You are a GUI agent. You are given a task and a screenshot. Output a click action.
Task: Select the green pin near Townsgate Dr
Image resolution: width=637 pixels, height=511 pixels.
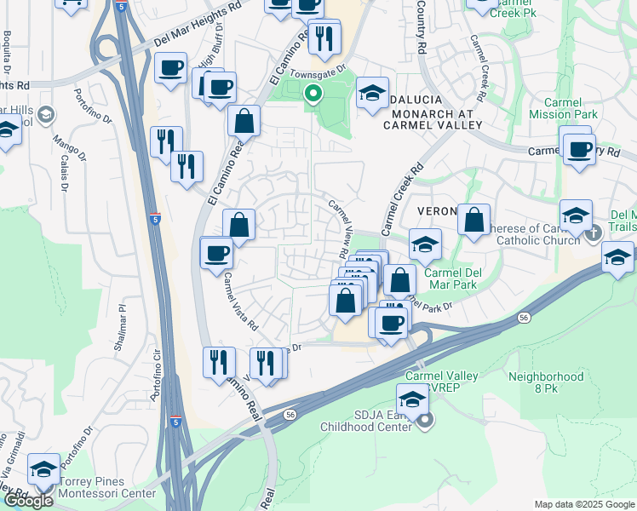(x=313, y=95)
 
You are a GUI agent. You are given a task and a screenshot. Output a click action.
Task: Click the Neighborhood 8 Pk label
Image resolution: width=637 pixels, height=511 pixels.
(x=546, y=382)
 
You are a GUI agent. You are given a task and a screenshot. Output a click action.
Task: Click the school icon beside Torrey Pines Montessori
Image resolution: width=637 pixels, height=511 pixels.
(x=43, y=468)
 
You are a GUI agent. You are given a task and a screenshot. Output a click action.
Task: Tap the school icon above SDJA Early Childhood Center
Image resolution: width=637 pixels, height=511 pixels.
(x=412, y=399)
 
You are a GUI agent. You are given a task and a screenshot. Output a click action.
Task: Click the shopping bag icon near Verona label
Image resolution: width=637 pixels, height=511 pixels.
(x=473, y=221)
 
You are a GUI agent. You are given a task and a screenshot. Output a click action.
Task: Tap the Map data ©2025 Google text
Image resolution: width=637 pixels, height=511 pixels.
(x=583, y=504)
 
